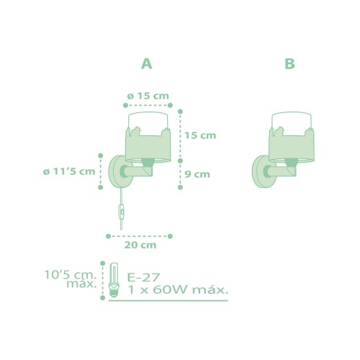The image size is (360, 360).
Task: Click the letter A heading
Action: click(x=146, y=64)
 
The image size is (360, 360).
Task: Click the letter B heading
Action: click(x=289, y=64)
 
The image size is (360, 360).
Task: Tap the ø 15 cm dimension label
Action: click(x=148, y=96)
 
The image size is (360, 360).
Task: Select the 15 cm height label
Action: click(x=200, y=135)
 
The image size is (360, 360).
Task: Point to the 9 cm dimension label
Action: click(x=197, y=174)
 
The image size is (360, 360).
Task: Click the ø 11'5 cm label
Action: click(x=69, y=171)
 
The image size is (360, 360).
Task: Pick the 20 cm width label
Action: click(x=140, y=245)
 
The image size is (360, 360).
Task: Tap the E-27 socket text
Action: click(x=143, y=277)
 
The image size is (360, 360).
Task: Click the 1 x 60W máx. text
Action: click(x=178, y=290)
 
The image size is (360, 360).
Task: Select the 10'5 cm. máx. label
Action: click(x=71, y=279)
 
